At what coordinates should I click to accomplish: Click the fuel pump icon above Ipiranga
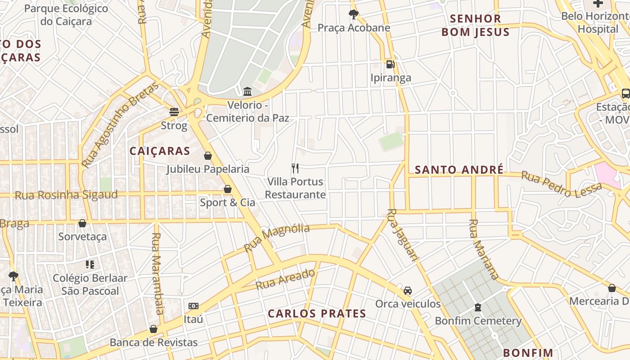coord(390,64)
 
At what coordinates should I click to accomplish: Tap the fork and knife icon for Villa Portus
coord(295,168)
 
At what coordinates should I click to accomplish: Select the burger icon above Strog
coord(174,112)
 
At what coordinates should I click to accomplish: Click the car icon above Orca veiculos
coord(408,291)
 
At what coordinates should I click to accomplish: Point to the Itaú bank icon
coord(193,306)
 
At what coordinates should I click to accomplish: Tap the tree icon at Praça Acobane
coord(354,14)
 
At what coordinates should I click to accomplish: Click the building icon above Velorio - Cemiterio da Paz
coord(247,92)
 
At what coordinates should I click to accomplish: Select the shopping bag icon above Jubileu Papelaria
coord(208,156)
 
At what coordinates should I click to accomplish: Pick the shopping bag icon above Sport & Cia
coord(228,189)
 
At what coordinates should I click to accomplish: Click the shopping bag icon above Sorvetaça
coord(82,223)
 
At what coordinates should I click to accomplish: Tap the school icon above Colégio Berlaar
coord(90,265)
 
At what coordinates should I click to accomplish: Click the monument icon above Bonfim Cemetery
coord(478,307)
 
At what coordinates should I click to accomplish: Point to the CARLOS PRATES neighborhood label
coord(317,314)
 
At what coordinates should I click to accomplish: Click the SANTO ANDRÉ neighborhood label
coord(459,170)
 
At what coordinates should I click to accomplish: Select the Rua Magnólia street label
coord(277,238)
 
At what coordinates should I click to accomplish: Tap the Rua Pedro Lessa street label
coord(561,184)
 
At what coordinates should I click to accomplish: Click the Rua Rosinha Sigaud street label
coord(66,195)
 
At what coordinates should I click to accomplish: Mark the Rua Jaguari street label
coord(403,234)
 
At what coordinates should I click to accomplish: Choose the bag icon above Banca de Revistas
coord(153,329)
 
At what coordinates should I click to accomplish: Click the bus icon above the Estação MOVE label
coord(625,94)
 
